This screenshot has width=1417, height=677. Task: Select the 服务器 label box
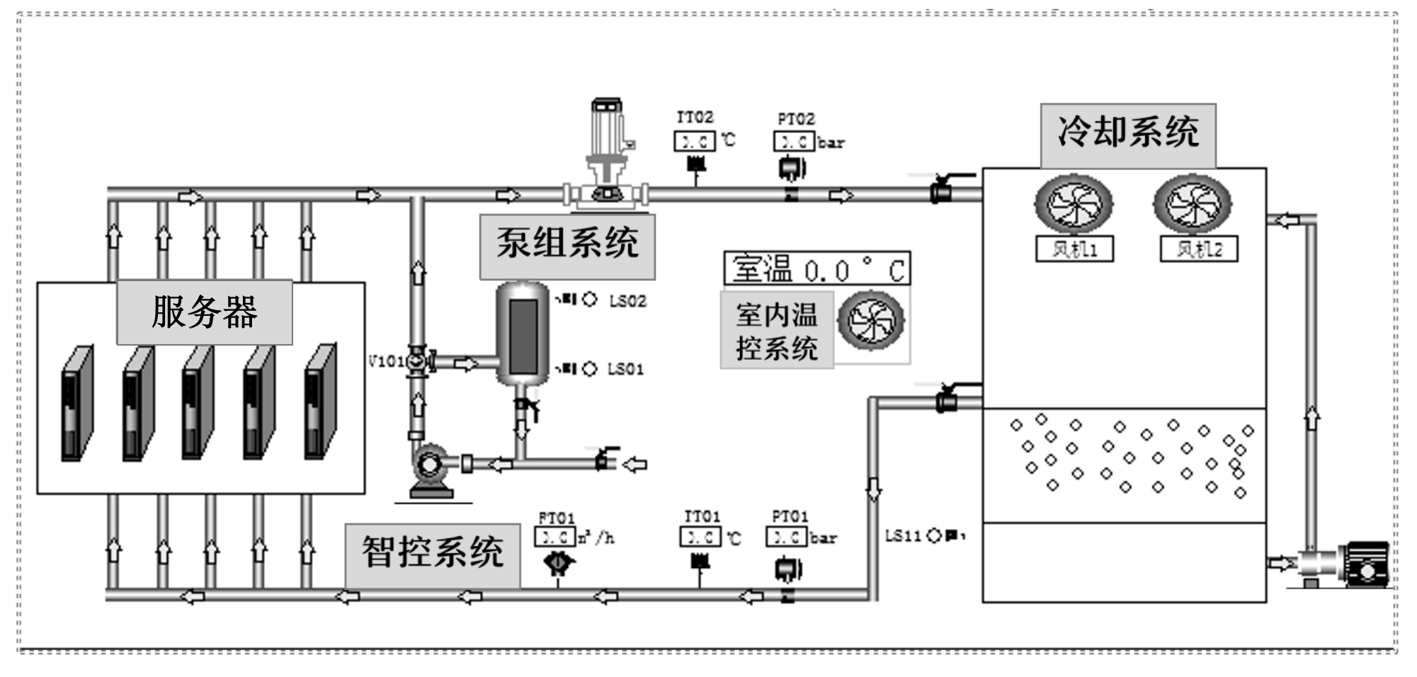(205, 312)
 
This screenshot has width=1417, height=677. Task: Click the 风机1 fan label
(1074, 249)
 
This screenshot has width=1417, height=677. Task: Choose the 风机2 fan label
(1199, 249)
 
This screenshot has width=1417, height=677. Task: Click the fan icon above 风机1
(1074, 204)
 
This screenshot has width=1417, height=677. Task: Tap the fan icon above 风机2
(1193, 204)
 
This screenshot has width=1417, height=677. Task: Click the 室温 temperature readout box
(817, 269)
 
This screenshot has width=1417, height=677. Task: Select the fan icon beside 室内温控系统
(871, 321)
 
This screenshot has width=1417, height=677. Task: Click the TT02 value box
(694, 142)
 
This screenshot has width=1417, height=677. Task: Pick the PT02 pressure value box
(794, 142)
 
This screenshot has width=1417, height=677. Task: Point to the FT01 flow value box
(554, 537)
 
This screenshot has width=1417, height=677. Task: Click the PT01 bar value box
(786, 537)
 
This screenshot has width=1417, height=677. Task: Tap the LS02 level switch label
(627, 301)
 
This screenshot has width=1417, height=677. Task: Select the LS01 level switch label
(626, 369)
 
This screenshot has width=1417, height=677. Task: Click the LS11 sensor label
(903, 536)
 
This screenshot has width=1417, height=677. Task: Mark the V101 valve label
(386, 361)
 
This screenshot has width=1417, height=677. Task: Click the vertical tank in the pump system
(523, 333)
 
